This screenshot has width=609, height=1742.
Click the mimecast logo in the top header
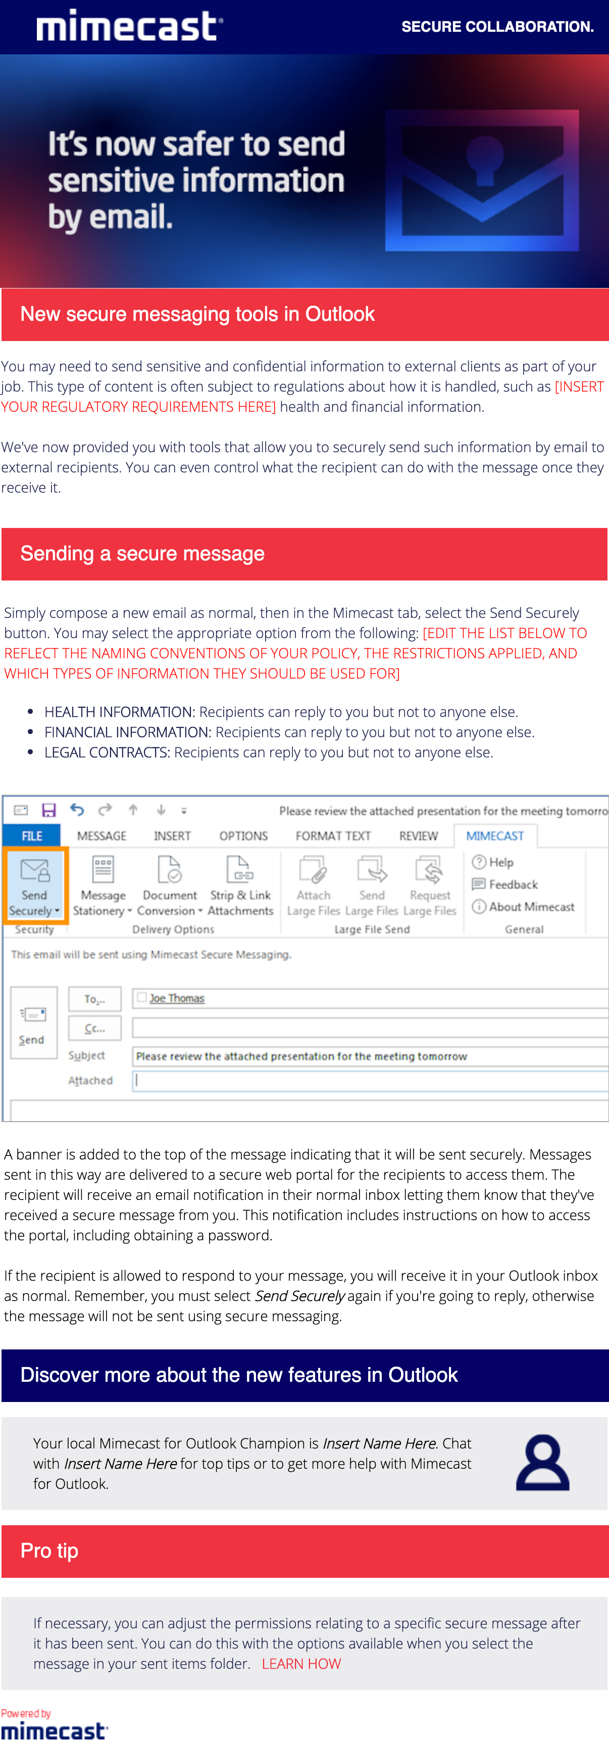129,26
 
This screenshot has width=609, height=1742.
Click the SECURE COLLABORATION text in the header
497,27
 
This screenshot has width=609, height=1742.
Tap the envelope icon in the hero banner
481,180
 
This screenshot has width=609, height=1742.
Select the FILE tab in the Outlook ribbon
32,836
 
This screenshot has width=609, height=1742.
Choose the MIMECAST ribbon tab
495,836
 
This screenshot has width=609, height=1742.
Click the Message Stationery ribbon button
103,884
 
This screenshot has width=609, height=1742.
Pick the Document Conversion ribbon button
170,884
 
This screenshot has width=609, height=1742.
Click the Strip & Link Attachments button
240,884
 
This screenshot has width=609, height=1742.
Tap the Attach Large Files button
313,884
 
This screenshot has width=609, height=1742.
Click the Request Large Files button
429,884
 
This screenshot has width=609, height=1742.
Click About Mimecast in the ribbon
524,907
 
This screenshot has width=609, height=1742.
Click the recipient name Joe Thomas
176,998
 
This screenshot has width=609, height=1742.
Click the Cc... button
94,1029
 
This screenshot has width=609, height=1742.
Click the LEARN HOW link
301,1664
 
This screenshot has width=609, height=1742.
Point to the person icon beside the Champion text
542,1462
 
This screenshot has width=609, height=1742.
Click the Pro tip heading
49,1551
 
